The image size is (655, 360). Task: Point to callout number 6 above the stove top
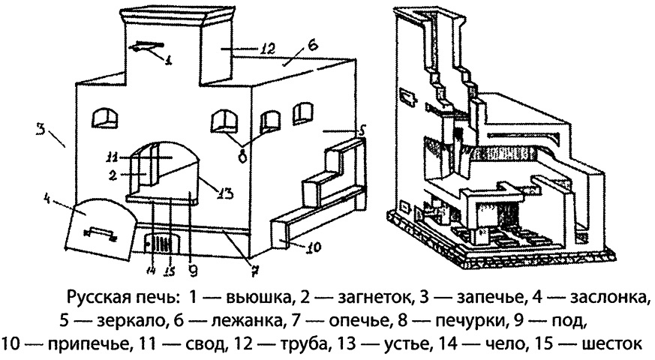click(x=312, y=44)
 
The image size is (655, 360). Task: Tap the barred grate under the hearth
click(x=160, y=244)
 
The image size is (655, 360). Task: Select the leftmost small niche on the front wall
click(x=104, y=117)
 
